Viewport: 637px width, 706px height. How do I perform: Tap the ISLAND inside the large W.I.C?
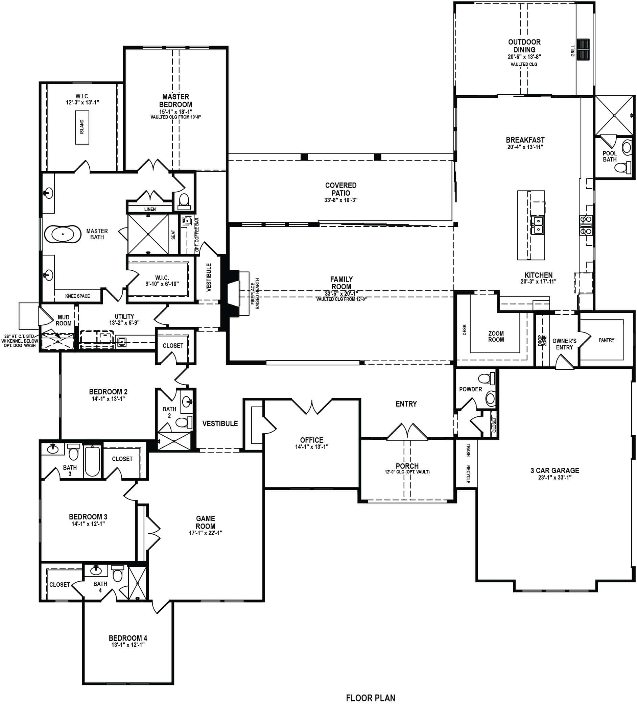[x=82, y=127]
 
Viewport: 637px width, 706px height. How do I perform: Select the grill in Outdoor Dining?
[x=583, y=49]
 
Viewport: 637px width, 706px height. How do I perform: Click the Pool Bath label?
[x=610, y=156]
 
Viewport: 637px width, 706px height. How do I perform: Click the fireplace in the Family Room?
[x=234, y=293]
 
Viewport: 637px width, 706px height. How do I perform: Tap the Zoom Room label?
[x=496, y=337]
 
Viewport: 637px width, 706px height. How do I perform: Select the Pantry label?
[x=606, y=340]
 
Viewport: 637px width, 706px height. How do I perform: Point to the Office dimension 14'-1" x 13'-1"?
[x=311, y=447]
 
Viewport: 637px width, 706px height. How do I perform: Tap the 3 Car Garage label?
[x=555, y=470]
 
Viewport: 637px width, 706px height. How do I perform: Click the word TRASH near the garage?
[x=468, y=450]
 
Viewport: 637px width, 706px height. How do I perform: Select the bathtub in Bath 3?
[x=92, y=461]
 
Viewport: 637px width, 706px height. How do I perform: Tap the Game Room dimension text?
[x=206, y=533]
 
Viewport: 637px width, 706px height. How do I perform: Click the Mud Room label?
[x=63, y=320]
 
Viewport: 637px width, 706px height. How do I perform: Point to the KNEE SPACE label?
[x=77, y=296]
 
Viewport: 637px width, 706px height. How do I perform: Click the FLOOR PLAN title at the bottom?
[x=370, y=698]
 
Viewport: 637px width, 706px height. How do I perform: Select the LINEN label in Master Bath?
[x=150, y=209]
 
